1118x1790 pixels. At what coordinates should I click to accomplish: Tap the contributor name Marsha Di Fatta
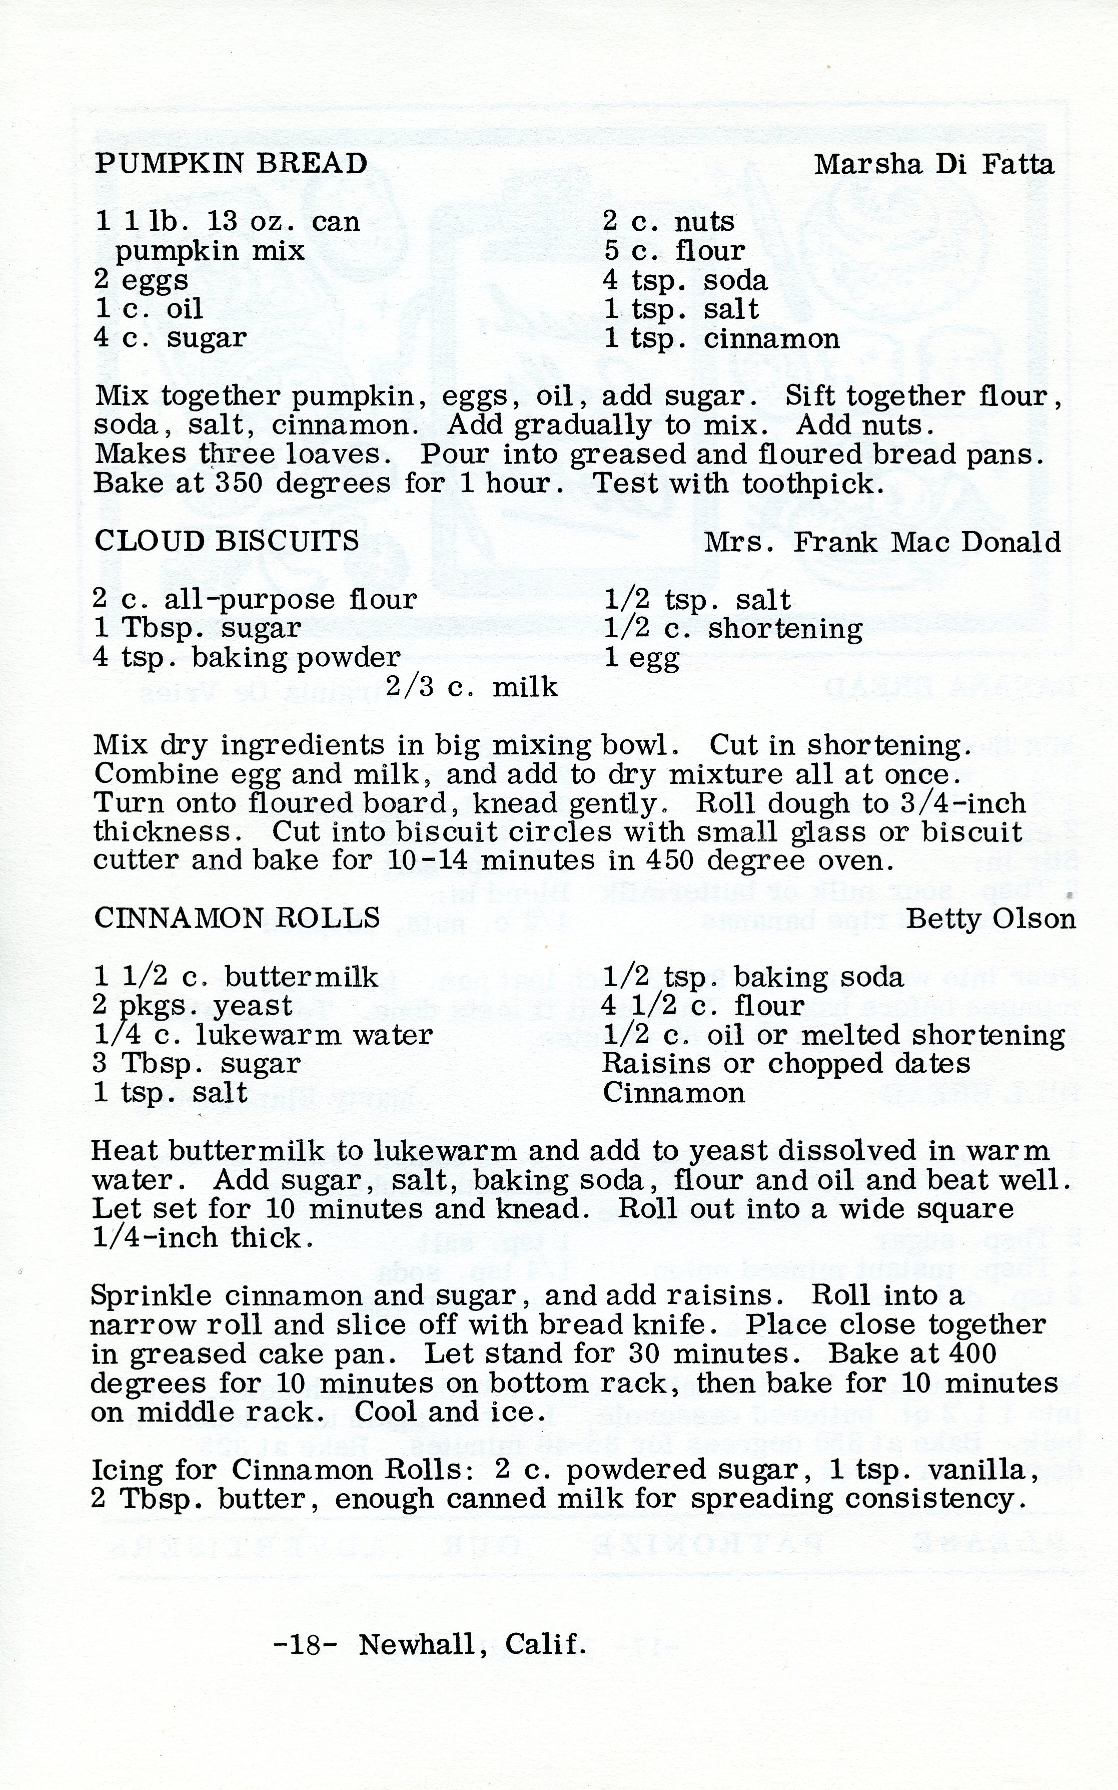[934, 164]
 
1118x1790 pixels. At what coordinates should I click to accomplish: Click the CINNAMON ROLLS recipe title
[237, 918]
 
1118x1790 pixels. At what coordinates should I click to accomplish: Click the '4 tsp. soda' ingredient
[685, 280]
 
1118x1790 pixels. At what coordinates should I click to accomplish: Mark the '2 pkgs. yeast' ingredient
[193, 1006]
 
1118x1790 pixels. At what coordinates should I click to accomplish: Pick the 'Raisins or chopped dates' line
[786, 1064]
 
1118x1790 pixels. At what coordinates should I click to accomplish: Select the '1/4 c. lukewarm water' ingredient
[263, 1035]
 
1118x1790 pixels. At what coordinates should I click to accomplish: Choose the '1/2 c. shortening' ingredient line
[733, 629]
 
